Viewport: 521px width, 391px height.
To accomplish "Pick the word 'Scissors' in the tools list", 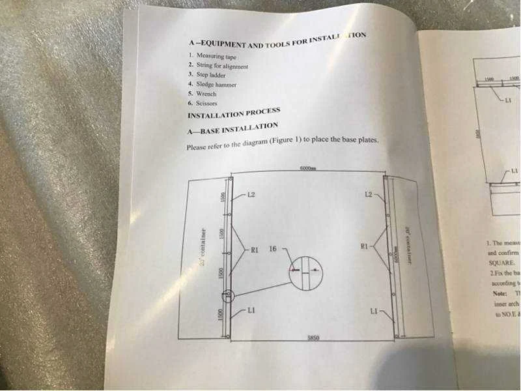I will coord(206,103).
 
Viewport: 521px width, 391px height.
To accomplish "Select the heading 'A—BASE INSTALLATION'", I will coord(232,128).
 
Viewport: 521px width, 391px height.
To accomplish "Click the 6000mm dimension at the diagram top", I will coord(308,168).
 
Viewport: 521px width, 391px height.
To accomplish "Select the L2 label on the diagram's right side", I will coord(369,194).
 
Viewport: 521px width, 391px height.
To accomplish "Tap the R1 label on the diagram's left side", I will coord(255,248).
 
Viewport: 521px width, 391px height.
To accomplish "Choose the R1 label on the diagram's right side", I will coord(364,246).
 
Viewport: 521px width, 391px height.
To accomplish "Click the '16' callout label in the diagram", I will coord(273,248).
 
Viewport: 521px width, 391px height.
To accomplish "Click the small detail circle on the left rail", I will coord(227,297).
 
